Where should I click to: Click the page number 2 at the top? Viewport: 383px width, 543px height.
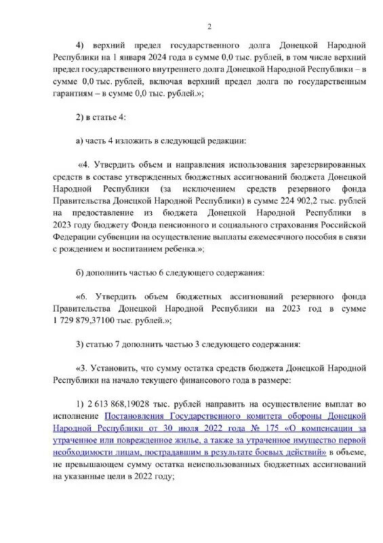point(209,26)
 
